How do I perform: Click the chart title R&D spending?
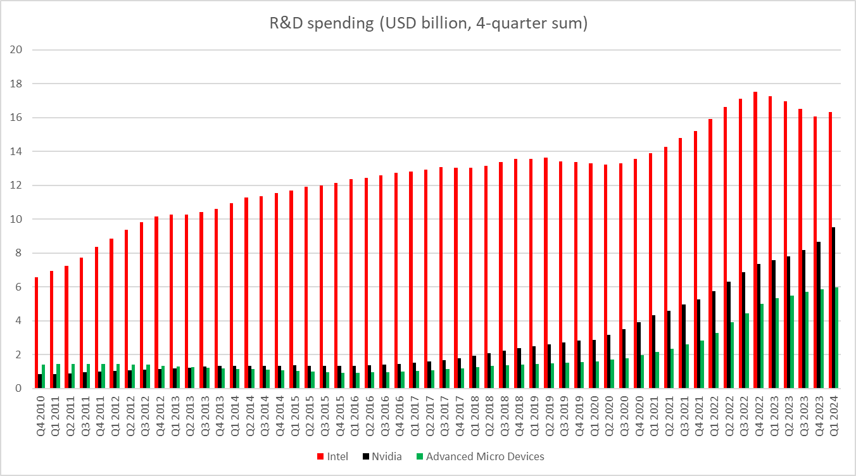click(428, 25)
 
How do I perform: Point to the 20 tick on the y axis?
click(17, 50)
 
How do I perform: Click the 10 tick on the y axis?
click(17, 219)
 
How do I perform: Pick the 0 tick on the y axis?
click(20, 388)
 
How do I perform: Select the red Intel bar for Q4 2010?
click(37, 332)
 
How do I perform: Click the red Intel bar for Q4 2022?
click(755, 241)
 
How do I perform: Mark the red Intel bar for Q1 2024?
click(830, 250)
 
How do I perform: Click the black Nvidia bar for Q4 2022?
click(759, 326)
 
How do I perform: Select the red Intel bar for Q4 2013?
click(217, 298)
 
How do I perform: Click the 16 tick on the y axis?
click(17, 118)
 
